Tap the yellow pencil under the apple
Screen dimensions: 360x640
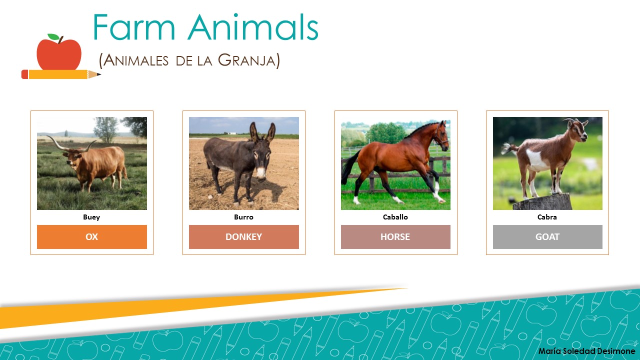[x=60, y=74]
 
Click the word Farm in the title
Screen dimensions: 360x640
[x=133, y=28]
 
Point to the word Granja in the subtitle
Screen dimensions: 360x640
[x=248, y=60]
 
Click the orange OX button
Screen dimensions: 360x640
[x=92, y=237]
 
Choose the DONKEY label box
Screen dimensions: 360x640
[x=244, y=237]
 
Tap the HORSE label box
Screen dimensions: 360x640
[x=395, y=237]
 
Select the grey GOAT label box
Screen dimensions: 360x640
[x=547, y=237]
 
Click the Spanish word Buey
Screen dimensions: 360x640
[x=91, y=217]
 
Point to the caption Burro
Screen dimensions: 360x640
[x=244, y=217]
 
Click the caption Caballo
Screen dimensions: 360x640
[x=395, y=217]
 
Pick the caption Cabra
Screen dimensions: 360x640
[x=547, y=217]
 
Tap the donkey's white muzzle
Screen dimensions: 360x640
[x=261, y=173]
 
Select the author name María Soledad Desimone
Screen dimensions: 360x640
[x=586, y=351]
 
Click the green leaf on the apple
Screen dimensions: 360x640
[x=52, y=37]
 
